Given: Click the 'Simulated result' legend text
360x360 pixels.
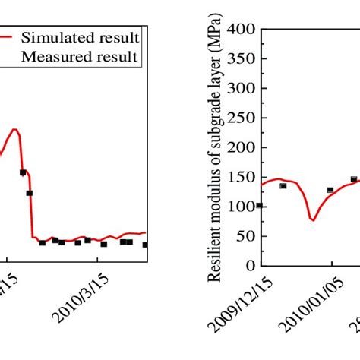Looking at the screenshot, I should click(x=79, y=36).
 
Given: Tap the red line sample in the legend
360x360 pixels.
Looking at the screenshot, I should click(x=6, y=36).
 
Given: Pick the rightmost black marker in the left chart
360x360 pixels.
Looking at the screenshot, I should click(x=145, y=245).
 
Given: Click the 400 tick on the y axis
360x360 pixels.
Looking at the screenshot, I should click(x=242, y=30).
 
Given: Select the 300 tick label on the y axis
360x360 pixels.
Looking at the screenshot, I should click(x=242, y=89).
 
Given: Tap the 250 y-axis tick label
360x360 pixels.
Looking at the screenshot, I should click(x=242, y=118).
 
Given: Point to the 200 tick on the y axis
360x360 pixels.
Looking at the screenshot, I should click(x=242, y=148).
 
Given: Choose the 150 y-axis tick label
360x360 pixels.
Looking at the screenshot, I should click(x=242, y=178).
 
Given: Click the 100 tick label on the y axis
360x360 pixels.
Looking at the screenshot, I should click(x=242, y=207).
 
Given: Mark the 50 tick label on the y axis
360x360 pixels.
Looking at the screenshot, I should click(x=245, y=237).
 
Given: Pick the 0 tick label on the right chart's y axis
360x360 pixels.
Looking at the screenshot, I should click(x=249, y=267).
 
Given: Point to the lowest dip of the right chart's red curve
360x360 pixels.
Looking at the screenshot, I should click(x=312, y=219).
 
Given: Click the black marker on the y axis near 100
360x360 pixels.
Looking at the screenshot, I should click(x=260, y=205).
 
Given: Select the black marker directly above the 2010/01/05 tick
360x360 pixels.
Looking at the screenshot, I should click(x=330, y=190).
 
